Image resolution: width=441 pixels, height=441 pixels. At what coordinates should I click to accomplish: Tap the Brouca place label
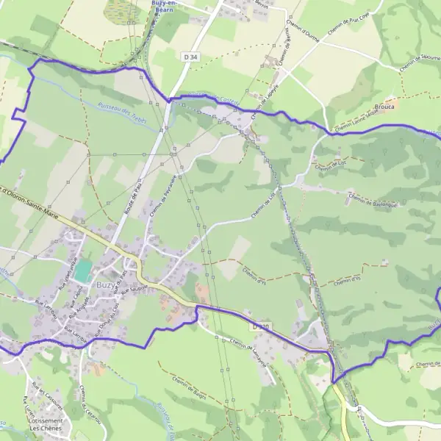[384, 106]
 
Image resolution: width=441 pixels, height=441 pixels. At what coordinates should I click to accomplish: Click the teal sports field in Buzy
[83, 270]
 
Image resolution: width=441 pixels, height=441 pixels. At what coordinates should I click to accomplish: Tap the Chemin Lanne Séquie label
[359, 123]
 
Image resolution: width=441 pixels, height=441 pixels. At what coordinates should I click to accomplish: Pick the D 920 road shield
[260, 324]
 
